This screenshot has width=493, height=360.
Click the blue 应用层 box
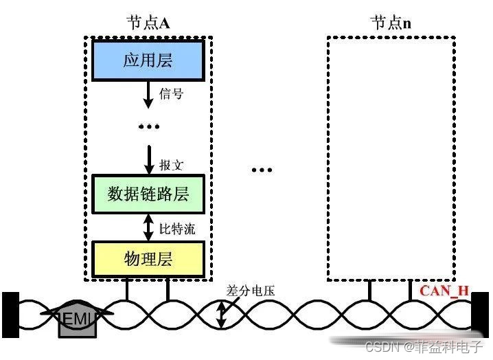tap(148, 60)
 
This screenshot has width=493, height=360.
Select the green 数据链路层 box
tap(148, 194)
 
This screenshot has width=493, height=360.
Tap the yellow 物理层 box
tap(148, 258)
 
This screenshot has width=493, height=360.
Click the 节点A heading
tap(148, 22)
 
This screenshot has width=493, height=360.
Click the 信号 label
tap(171, 94)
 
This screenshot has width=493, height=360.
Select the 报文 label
tap(171, 166)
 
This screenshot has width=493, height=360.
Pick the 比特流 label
tap(177, 227)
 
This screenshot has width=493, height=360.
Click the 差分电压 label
tap(251, 291)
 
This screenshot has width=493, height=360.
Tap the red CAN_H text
tap(444, 290)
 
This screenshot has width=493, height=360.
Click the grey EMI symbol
tap(77, 319)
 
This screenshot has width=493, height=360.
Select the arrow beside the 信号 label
tap(148, 94)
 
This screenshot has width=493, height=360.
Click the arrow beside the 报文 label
tap(148, 159)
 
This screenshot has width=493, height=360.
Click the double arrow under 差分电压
tap(221, 313)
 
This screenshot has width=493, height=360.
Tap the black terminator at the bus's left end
tap(10, 315)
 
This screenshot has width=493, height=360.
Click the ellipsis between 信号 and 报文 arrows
tap(148, 126)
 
